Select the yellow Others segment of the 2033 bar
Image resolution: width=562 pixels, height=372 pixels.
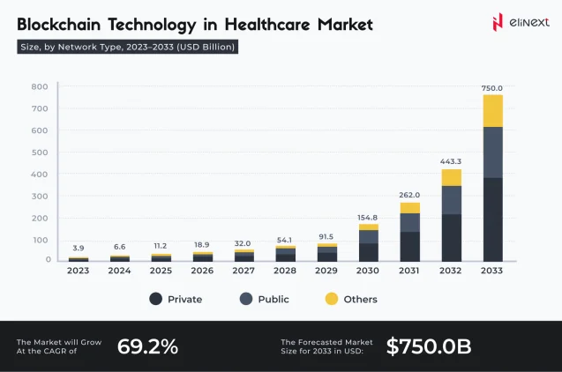(x=492, y=111)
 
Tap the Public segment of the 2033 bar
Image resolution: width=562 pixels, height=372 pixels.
(x=492, y=153)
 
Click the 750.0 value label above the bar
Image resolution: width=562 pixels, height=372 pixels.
(x=492, y=88)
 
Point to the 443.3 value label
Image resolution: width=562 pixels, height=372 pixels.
(x=451, y=160)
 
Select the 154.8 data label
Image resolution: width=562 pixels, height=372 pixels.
(x=369, y=217)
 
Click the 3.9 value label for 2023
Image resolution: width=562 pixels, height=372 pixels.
(x=79, y=248)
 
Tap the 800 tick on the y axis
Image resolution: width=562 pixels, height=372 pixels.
(x=40, y=86)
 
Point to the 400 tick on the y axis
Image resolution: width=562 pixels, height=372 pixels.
(x=40, y=174)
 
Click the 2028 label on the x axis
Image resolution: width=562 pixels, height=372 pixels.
(x=286, y=271)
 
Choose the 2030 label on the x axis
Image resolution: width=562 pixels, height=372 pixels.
(x=369, y=271)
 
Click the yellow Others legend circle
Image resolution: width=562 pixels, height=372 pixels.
(x=332, y=299)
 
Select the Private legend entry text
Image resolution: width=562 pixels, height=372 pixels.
(x=184, y=300)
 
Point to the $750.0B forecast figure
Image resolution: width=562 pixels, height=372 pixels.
(x=428, y=346)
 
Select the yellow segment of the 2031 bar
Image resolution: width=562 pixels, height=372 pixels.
(x=410, y=208)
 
